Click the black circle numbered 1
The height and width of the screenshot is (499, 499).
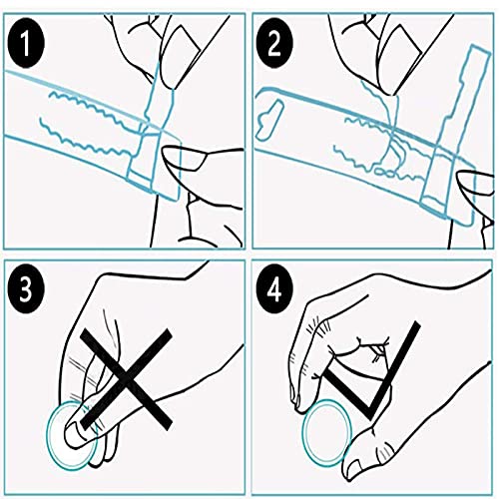[26, 44]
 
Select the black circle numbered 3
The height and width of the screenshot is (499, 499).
[26, 288]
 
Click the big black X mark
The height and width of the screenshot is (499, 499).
[126, 379]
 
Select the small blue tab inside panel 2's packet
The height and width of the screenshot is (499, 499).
[270, 120]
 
